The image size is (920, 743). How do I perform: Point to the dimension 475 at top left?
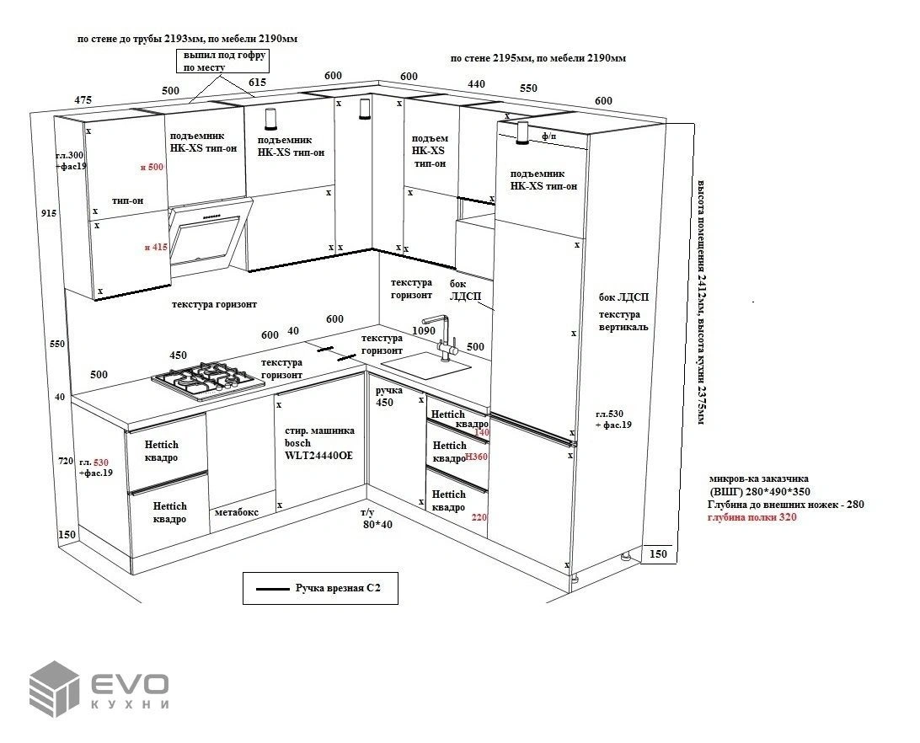coord(83,100)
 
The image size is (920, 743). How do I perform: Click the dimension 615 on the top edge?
coord(258,83)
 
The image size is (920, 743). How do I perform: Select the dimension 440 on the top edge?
coord(476,84)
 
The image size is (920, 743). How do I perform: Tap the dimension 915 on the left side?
coord(49,214)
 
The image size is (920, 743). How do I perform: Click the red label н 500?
coord(154,168)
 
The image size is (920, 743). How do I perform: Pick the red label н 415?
coord(154,248)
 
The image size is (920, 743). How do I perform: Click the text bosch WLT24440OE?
coord(319,449)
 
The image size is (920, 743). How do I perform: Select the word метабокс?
coord(236,511)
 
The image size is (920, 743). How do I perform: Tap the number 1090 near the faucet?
coord(423,331)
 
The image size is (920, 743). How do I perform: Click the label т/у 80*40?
coord(377,518)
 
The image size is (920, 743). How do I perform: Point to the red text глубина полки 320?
coord(752,517)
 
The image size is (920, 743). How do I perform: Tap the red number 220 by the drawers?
coord(480,518)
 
